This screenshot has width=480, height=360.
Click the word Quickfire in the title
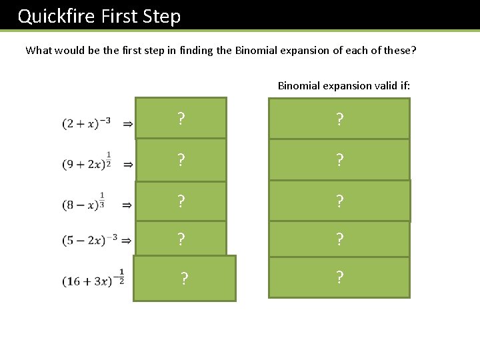(57, 16)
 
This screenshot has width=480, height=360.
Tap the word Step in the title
(162, 16)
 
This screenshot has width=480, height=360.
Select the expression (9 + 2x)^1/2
(87, 162)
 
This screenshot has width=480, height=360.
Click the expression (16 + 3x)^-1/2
(94, 279)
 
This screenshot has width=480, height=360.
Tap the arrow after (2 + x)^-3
(127, 123)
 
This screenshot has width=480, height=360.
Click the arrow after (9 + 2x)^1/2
(127, 163)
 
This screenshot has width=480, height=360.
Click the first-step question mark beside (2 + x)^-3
(181, 119)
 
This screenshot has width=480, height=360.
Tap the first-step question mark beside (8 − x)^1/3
(181, 201)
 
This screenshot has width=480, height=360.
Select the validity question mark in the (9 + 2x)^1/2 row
(340, 160)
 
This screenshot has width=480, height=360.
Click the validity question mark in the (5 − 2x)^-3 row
(340, 239)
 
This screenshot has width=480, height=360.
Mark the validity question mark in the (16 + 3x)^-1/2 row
(340, 277)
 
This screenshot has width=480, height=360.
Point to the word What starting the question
(38, 50)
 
